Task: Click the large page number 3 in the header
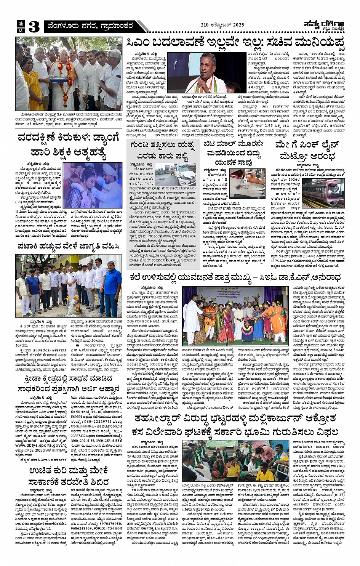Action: [x=34, y=27]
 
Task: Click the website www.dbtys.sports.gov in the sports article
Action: [x=38, y=445]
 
